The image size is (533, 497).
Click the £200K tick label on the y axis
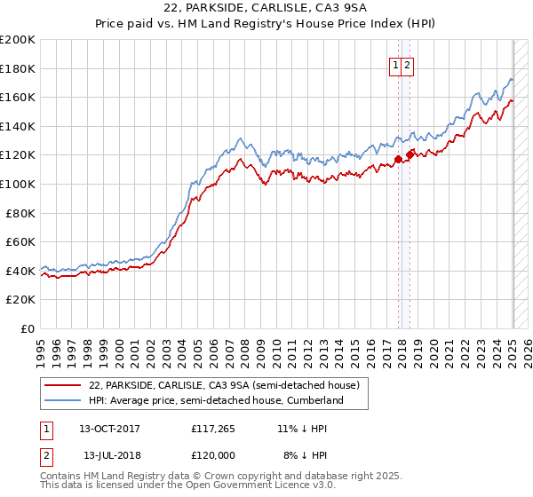coord(18,40)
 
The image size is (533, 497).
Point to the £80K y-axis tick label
coord(20,213)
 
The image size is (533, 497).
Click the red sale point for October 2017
coord(398,160)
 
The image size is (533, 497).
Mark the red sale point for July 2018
coord(410,155)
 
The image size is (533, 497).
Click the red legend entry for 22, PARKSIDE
coord(223,385)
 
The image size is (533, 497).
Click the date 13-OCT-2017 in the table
coord(109,429)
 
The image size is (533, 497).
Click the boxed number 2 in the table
coord(45,455)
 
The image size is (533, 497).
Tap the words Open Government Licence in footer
coord(222,487)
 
